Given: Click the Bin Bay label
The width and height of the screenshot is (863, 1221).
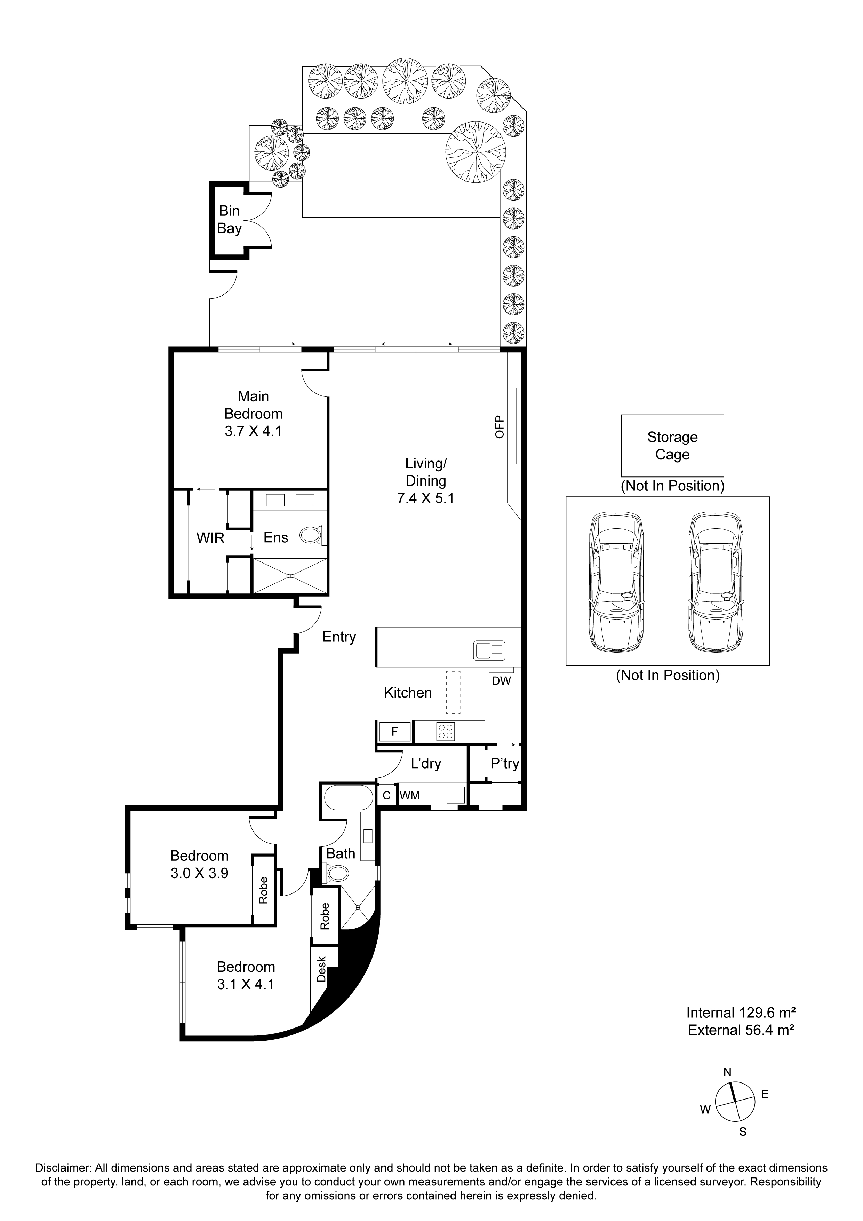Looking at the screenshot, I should point(230,220).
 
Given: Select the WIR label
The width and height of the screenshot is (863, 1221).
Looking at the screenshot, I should point(210,538).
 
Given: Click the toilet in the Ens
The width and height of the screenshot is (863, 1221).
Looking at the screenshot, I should point(312,535).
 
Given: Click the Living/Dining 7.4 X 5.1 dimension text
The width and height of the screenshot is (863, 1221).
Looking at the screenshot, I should point(426,498).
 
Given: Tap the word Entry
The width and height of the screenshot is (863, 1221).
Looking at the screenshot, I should point(339,637).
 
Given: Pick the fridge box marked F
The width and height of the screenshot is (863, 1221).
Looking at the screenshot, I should point(395,732).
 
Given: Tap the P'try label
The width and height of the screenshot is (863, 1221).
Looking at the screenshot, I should point(504,764).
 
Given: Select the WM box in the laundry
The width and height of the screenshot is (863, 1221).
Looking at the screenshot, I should point(410,796).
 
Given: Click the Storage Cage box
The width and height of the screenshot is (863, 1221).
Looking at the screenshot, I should point(672,446).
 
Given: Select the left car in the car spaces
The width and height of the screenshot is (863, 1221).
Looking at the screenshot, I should point(616,581).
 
